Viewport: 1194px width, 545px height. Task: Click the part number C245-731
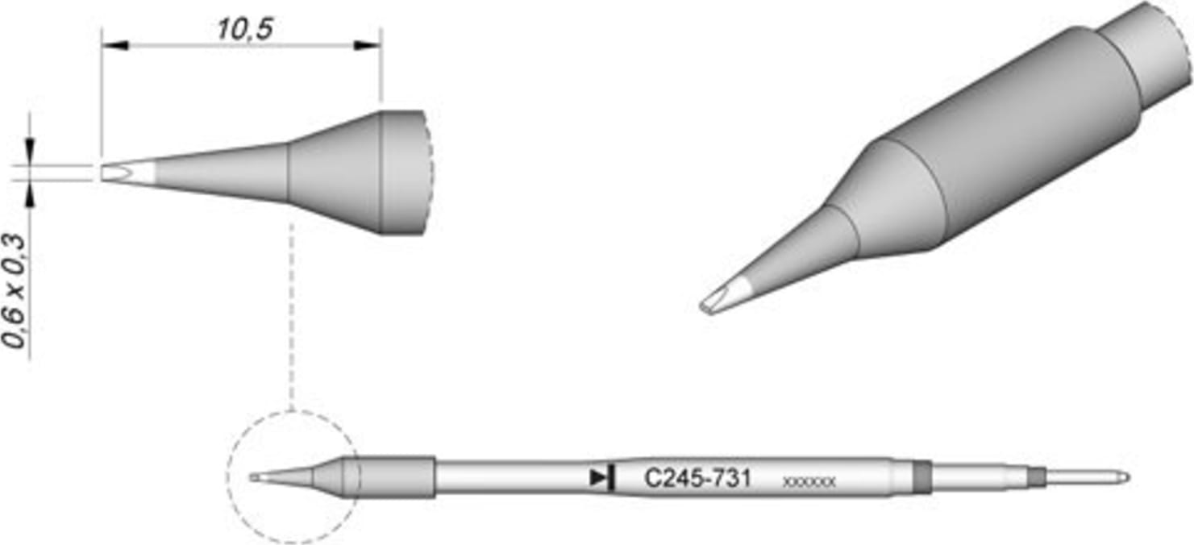(698, 479)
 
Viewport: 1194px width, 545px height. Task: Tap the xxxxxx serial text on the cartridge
(809, 482)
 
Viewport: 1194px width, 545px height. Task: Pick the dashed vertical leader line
(291, 322)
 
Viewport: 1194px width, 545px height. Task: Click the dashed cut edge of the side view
(431, 173)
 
